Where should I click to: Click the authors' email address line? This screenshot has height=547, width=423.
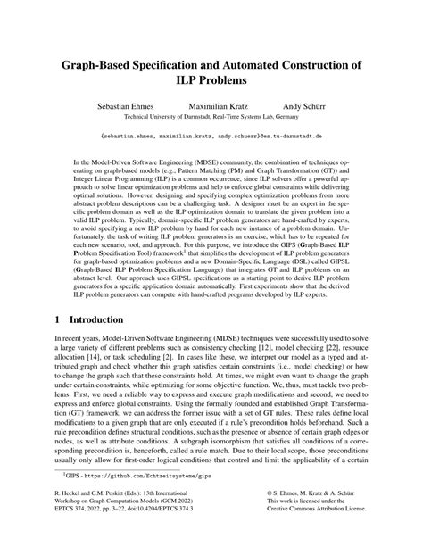tap(211, 137)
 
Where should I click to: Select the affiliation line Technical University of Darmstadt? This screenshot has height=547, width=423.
tap(211, 116)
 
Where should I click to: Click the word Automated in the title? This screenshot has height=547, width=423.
tap(259, 66)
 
